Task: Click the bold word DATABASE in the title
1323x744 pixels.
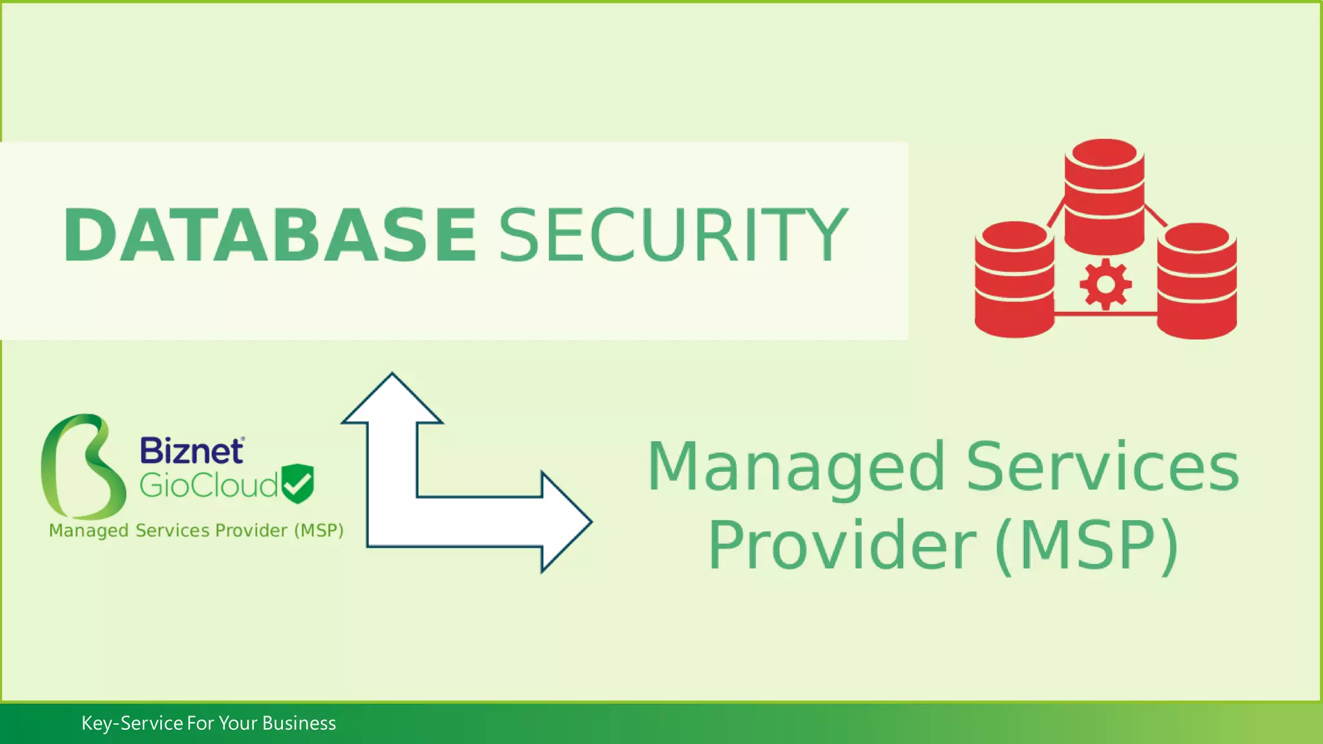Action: click(270, 236)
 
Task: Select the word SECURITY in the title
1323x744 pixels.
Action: click(673, 236)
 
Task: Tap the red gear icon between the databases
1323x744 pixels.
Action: click(1105, 284)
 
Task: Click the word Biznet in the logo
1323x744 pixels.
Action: click(192, 451)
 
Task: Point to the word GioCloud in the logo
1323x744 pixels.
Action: click(209, 486)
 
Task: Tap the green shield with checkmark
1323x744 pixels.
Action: click(298, 483)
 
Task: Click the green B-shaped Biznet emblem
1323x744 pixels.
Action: click(82, 466)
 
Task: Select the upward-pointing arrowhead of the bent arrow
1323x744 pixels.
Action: click(392, 400)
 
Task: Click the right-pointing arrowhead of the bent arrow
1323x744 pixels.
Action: click(565, 522)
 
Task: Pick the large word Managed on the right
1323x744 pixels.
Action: click(797, 466)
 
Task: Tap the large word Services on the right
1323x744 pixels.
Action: click(1102, 466)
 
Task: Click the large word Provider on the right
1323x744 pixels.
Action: click(842, 546)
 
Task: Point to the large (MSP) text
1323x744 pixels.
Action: click(1087, 546)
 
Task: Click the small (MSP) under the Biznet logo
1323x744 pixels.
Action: click(318, 531)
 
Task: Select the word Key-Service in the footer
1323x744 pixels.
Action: click(132, 723)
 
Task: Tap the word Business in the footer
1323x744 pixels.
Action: click(299, 723)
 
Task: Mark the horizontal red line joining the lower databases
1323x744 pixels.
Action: click(1105, 314)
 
